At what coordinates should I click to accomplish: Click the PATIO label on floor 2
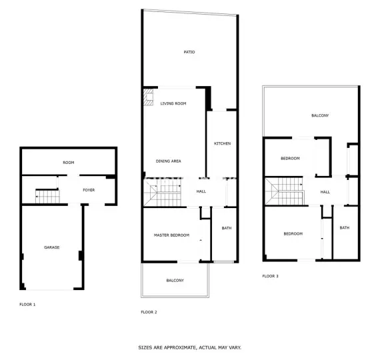[189, 52]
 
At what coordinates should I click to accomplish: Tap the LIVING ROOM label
[173, 103]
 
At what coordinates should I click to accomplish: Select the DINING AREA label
[169, 161]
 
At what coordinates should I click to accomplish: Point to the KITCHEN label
[222, 144]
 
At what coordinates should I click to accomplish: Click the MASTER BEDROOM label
[171, 235]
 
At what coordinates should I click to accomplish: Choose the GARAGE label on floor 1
[52, 247]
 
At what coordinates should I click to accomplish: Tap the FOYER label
[89, 190]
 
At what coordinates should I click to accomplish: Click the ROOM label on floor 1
[68, 163]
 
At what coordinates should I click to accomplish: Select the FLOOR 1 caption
[27, 304]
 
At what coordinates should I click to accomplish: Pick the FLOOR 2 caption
[149, 312]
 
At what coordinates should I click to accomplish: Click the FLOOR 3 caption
[270, 276]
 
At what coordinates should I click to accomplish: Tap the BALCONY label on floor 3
[320, 115]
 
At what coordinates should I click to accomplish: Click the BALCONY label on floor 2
[175, 280]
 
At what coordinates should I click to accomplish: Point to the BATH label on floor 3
[344, 228]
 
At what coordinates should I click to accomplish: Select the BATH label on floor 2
[227, 229]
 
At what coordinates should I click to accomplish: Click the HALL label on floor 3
[325, 192]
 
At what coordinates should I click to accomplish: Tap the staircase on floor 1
[47, 196]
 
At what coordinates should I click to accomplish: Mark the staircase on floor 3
[283, 191]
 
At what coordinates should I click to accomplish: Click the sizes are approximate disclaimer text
[189, 347]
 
